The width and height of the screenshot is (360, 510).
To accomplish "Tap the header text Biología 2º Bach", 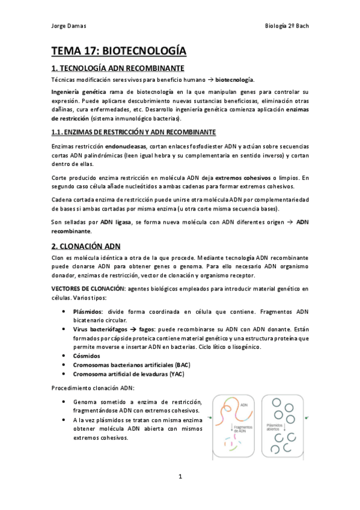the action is [x=286, y=26].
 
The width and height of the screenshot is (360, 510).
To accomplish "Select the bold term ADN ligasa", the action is [x=116, y=223].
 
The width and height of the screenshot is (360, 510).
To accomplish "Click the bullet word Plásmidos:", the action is [x=88, y=312].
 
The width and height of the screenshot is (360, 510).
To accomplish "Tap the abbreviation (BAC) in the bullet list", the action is [x=182, y=364].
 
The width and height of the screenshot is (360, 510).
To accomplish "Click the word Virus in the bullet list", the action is [x=81, y=330].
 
